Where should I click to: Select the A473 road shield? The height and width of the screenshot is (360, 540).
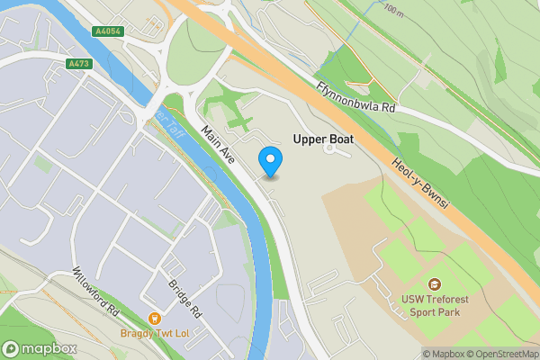[x=80, y=64]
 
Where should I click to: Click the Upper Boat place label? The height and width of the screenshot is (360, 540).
[x=323, y=139]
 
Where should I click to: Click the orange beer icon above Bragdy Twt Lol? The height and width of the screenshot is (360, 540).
[x=154, y=318]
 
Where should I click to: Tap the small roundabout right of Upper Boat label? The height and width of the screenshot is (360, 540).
[x=329, y=149]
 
